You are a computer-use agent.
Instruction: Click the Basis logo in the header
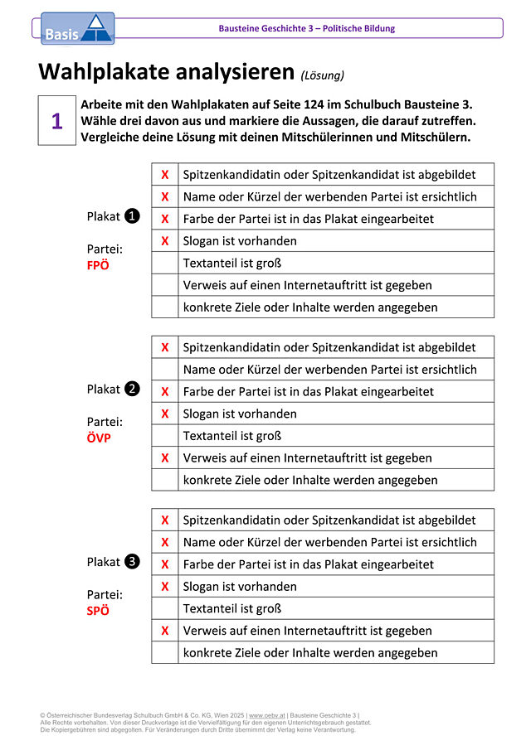(77, 29)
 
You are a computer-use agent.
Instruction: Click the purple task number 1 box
(56, 121)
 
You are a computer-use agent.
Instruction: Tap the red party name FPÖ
(98, 266)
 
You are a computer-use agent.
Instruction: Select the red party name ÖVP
(99, 438)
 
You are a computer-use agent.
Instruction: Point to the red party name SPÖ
(98, 611)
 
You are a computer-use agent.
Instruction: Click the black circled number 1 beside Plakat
(132, 216)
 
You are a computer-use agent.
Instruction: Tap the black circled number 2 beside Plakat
(132, 389)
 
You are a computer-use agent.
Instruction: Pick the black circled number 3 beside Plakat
(132, 561)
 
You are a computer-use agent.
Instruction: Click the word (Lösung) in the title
(322, 75)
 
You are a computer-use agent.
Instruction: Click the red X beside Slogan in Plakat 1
(165, 241)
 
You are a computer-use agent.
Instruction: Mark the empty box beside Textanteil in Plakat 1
(165, 263)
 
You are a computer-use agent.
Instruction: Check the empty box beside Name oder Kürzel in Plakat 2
(165, 370)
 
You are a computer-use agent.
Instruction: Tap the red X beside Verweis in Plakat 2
(165, 457)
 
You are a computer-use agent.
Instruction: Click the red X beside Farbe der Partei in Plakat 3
(165, 564)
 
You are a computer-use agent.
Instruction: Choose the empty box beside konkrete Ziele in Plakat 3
(165, 652)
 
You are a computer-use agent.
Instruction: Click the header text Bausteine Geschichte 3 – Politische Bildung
(307, 28)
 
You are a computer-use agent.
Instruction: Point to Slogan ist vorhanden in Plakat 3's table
(240, 586)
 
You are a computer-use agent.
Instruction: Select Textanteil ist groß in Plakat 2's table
(232, 435)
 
